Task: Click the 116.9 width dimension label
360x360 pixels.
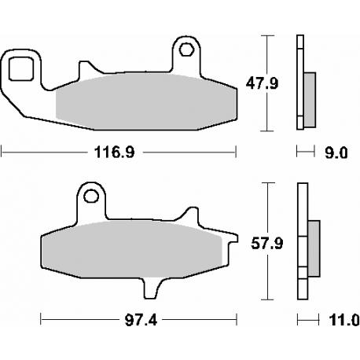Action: pyautogui.click(x=115, y=152)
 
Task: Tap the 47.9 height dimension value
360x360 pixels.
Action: pyautogui.click(x=262, y=84)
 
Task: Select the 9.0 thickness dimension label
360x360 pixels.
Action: pyautogui.click(x=336, y=152)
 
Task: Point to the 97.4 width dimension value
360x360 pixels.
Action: pyautogui.click(x=141, y=320)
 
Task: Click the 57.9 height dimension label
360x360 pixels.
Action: pyautogui.click(x=267, y=244)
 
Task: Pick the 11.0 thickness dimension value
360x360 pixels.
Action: pyautogui.click(x=344, y=320)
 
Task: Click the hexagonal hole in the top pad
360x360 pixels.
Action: pyautogui.click(x=186, y=49)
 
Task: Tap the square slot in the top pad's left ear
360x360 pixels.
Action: pyautogui.click(x=21, y=68)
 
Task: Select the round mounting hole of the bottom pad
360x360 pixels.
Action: pyautogui.click(x=91, y=196)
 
